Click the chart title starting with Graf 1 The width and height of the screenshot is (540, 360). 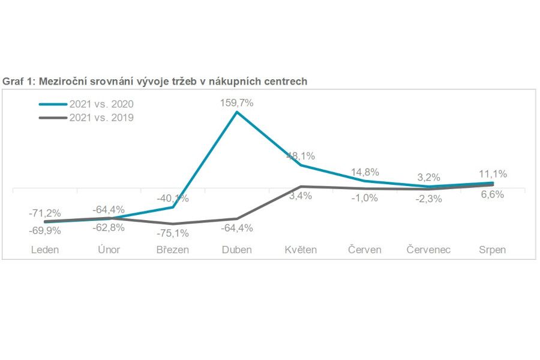pyautogui.click(x=155, y=81)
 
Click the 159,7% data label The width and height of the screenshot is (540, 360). pyautogui.click(x=236, y=103)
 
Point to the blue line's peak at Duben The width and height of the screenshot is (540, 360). pyautogui.click(x=236, y=112)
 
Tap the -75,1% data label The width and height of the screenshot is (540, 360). pyautogui.click(x=172, y=233)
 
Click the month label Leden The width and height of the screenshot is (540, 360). pyautogui.click(x=45, y=250)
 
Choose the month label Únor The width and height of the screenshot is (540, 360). pyautogui.click(x=109, y=250)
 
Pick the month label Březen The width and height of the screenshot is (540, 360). pyautogui.click(x=172, y=250)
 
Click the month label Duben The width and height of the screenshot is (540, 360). pyautogui.click(x=236, y=250)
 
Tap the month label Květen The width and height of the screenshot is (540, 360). pyautogui.click(x=300, y=250)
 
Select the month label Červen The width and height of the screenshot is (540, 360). pyautogui.click(x=364, y=250)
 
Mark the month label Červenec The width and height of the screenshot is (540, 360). pyautogui.click(x=428, y=250)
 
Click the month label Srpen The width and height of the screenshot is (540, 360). pyautogui.click(x=492, y=250)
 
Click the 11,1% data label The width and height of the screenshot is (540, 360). pyautogui.click(x=492, y=174)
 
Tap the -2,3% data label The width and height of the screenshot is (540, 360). pyautogui.click(x=428, y=199)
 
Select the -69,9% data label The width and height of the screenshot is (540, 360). pyautogui.click(x=45, y=230)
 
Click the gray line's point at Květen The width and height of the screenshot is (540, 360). pyautogui.click(x=300, y=187)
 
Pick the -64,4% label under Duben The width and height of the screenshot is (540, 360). pyautogui.click(x=236, y=228)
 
